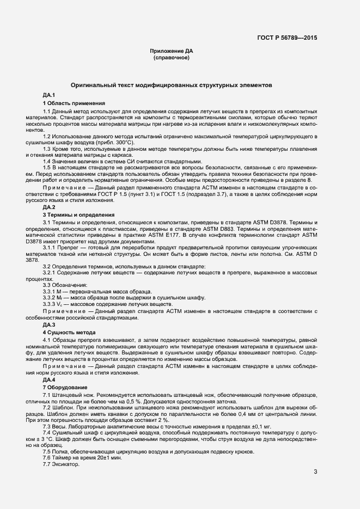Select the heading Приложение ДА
pyautogui.click(x=171, y=51)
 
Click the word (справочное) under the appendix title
pyautogui.click(x=171, y=58)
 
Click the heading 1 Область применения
pyautogui.click(x=74, y=103)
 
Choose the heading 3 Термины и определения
pyautogui.click(x=78, y=216)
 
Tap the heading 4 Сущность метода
pyautogui.click(x=69, y=332)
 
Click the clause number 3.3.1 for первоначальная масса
pyautogui.click(x=50, y=292)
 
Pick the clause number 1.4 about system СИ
pyautogui.click(x=47, y=161)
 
